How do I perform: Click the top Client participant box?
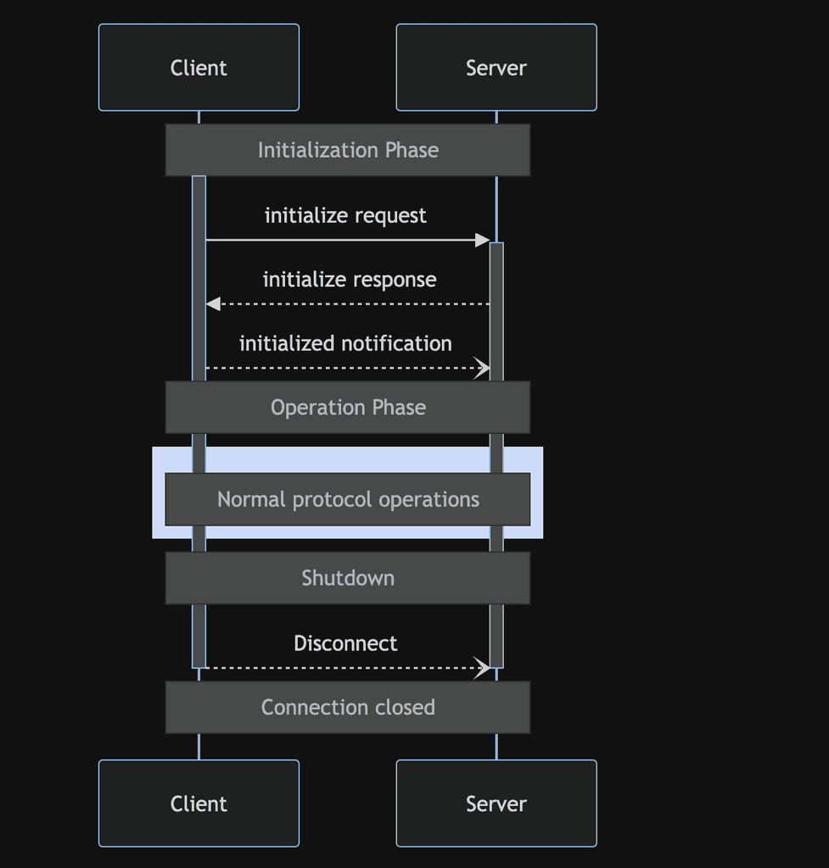pos(199,68)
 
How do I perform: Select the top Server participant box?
pos(496,68)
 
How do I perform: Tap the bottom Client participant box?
pos(199,804)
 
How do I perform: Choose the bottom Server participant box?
pos(496,804)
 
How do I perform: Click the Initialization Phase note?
pos(348,150)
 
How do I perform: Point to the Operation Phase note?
pos(348,408)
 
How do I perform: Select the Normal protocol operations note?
pos(348,499)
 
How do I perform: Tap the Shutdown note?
pos(348,578)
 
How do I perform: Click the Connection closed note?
pos(348,707)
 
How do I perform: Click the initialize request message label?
pos(345,216)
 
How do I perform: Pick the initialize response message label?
pos(350,280)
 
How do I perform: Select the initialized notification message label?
pos(345,343)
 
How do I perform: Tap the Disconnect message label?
pos(345,643)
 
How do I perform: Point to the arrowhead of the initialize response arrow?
pos(213,303)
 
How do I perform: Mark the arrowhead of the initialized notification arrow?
pos(483,368)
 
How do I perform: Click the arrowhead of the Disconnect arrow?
pos(483,668)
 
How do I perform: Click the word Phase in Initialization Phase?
pos(412,150)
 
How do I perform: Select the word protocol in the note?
pos(333,499)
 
